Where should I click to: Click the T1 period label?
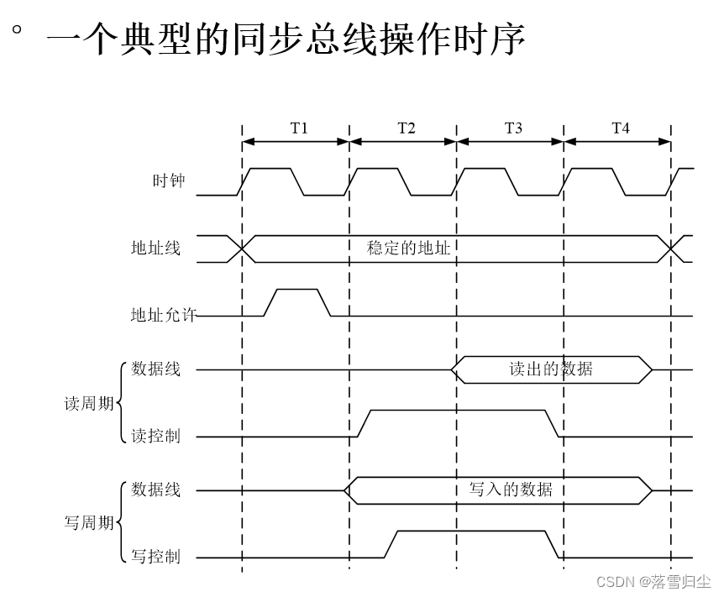pyautogui.click(x=299, y=128)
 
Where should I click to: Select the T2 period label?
pyautogui.click(x=406, y=128)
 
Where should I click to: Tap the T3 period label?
pyautogui.click(x=513, y=128)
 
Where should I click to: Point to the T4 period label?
pyautogui.click(x=620, y=128)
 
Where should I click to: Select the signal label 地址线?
pyautogui.click(x=155, y=249)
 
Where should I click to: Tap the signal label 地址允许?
pyautogui.click(x=163, y=315)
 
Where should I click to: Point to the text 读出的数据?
pyautogui.click(x=551, y=369)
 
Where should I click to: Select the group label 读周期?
pyautogui.click(x=88, y=403)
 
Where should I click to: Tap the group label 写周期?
pyautogui.click(x=88, y=523)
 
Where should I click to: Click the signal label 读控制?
pyautogui.click(x=155, y=437)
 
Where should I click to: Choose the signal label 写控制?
pyautogui.click(x=155, y=557)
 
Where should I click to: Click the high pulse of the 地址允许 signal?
pyautogui.click(x=297, y=291)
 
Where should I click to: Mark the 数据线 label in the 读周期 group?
pyautogui.click(x=155, y=369)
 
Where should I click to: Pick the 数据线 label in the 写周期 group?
pyautogui.click(x=155, y=490)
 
